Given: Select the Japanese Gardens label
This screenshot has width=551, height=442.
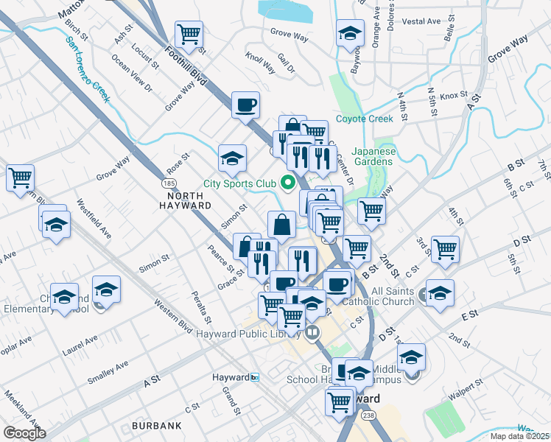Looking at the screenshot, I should [x=376, y=156].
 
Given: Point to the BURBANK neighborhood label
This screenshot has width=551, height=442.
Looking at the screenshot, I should [x=157, y=426].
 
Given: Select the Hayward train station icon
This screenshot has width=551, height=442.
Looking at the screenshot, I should [x=255, y=377].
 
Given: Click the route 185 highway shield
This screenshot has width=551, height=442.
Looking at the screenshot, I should [x=169, y=181].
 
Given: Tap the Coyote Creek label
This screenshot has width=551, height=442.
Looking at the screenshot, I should [x=365, y=119].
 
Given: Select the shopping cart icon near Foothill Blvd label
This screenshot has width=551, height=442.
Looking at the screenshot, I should [x=189, y=33].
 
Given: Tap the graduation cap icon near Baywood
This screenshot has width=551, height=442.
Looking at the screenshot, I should [x=350, y=32].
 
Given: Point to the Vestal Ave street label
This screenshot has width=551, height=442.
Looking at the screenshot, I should [x=421, y=21].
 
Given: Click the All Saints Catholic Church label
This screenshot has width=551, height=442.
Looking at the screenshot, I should [x=393, y=296].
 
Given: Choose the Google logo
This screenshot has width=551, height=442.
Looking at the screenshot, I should [x=24, y=432].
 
